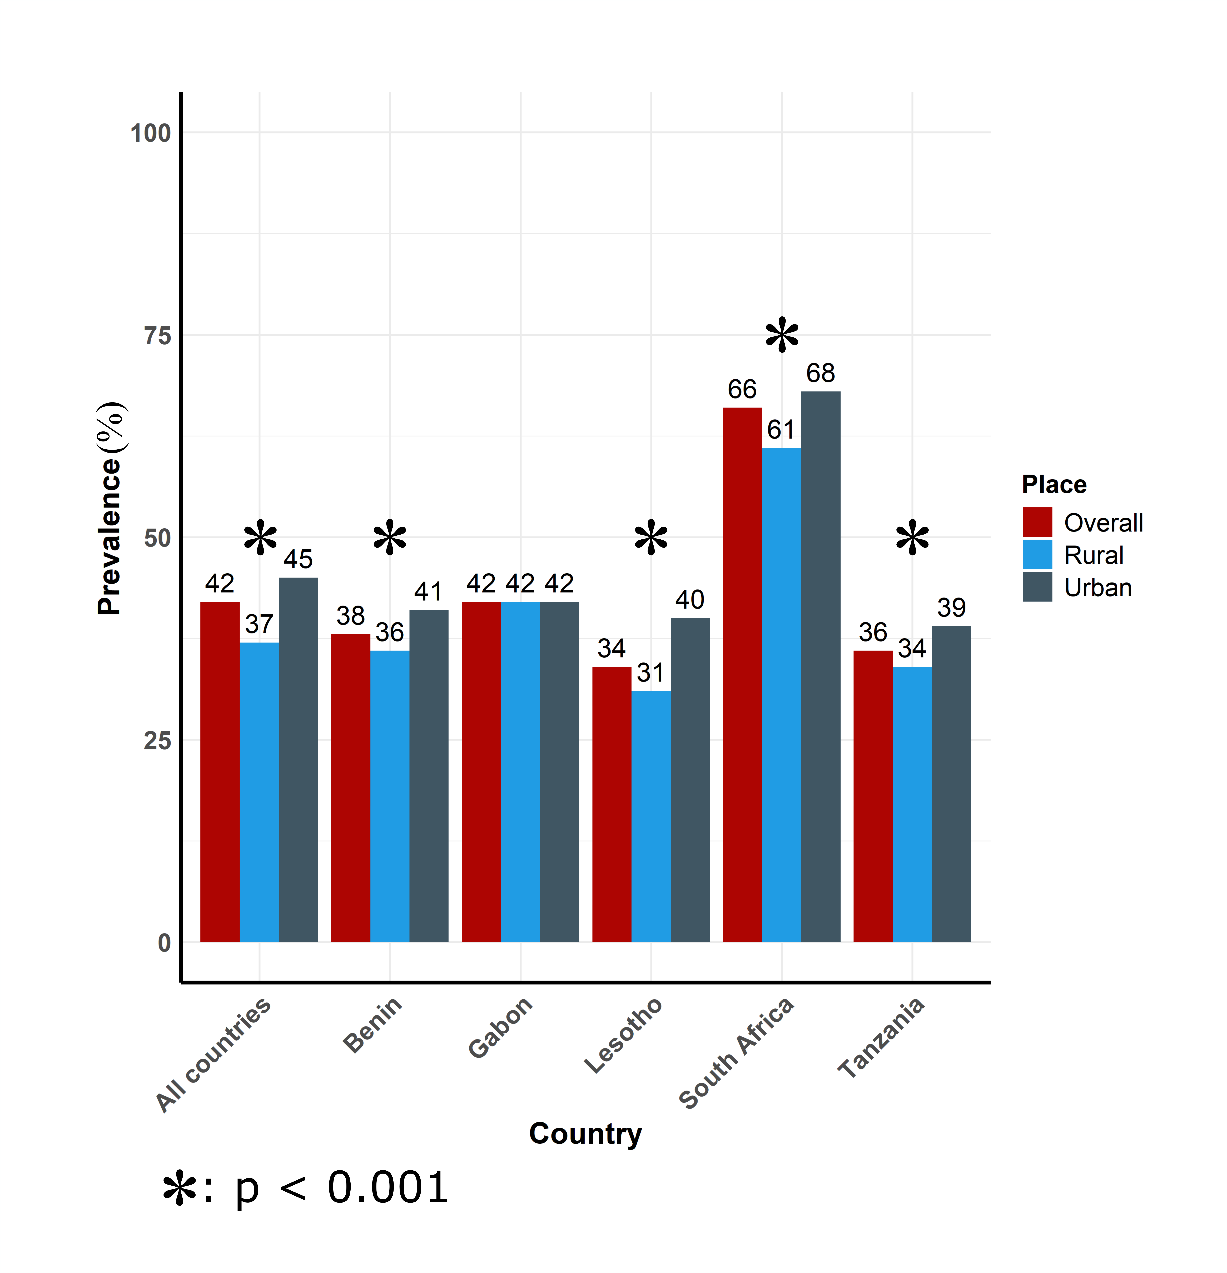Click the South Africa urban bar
pos(820,666)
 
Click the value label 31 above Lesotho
pos(650,673)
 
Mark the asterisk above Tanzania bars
pos(912,538)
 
